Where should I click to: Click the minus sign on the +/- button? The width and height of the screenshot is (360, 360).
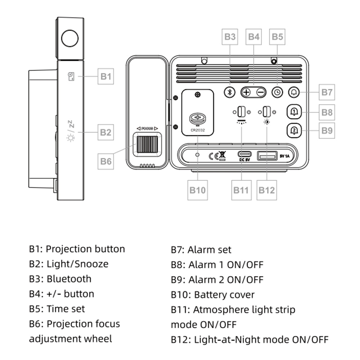coord(261,92)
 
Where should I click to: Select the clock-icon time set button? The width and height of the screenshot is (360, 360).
coord(277,92)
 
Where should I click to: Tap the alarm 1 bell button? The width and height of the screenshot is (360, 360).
coord(294,112)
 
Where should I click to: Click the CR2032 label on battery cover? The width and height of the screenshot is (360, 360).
coord(197,131)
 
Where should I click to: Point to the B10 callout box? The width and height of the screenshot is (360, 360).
coord(197,190)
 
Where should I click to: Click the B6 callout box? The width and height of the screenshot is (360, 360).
coord(106,161)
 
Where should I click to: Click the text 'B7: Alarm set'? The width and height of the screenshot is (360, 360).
coord(201,249)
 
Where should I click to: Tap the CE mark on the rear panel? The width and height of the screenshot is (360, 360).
coord(213,156)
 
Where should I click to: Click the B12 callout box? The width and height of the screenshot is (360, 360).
coord(266,190)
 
